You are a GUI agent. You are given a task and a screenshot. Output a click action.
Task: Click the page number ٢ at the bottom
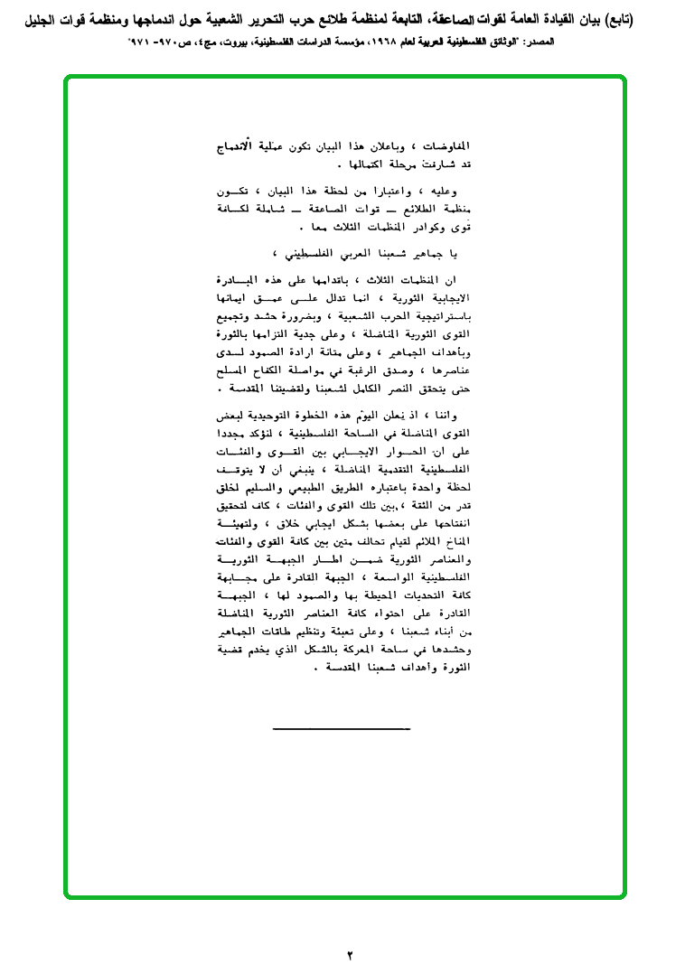(x=350, y=954)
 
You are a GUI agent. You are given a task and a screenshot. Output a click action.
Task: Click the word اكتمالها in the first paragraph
(x=360, y=165)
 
